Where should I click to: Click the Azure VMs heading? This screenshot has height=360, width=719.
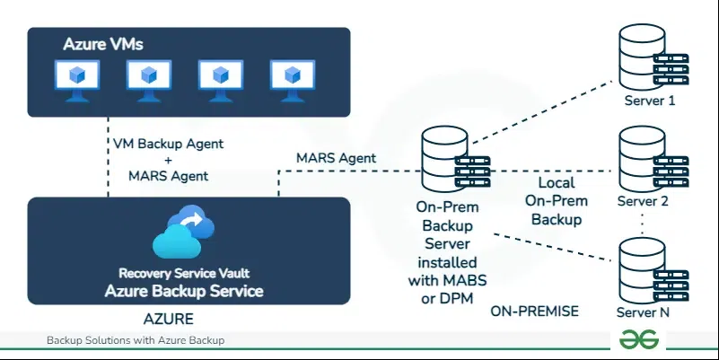103,44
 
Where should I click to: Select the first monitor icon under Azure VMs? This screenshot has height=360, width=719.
77,78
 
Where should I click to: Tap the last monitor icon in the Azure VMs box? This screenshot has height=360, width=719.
292,78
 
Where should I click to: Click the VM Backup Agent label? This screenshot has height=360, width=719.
168,144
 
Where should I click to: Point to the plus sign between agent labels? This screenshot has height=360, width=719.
168,160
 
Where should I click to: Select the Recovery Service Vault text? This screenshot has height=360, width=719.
184,274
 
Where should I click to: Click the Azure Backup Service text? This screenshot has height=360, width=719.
184,291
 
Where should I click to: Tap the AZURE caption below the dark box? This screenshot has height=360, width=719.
170,319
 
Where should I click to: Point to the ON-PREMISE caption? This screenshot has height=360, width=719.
535,312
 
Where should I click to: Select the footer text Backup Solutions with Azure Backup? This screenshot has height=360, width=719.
135,341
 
